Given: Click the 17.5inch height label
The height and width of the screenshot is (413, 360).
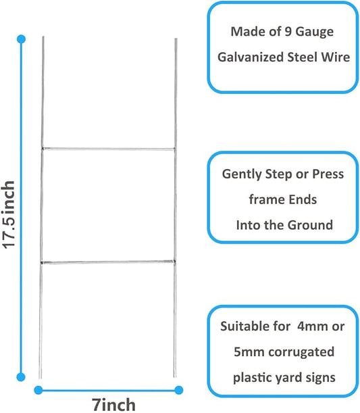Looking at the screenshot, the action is [x=8, y=214].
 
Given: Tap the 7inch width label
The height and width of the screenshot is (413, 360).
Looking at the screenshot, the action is [x=113, y=405].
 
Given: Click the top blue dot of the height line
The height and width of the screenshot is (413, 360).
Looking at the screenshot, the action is [x=21, y=39].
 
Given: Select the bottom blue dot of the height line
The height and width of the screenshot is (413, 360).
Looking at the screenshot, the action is [x=21, y=377].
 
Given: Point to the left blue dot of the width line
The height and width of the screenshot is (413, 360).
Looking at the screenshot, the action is [x=38, y=390].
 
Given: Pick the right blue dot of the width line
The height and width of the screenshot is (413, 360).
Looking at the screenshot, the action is [x=179, y=390].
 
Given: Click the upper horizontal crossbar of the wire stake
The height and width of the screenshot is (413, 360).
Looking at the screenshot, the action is [x=108, y=149].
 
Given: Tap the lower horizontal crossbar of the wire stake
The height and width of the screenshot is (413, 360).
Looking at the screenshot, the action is [x=108, y=262].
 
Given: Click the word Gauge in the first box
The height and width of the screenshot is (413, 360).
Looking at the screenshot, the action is [x=315, y=32].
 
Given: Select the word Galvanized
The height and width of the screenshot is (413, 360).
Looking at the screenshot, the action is [x=251, y=57].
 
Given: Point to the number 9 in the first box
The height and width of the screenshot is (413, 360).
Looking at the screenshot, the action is [x=288, y=32].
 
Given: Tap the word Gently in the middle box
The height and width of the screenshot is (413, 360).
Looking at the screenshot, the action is [x=242, y=174].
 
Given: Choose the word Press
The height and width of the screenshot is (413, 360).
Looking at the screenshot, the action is [x=328, y=174].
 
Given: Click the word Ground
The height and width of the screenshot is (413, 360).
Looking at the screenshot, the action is [x=310, y=225].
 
